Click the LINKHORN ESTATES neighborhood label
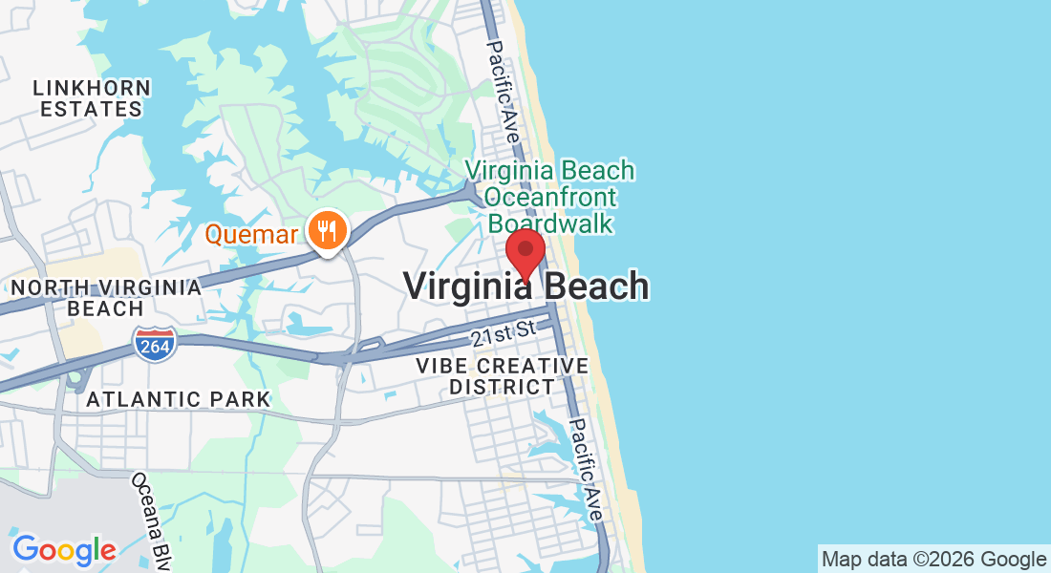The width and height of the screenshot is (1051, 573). (x=92, y=98)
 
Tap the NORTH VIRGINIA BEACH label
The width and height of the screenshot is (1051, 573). (x=106, y=298)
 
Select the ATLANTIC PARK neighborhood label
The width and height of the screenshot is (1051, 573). (x=179, y=399)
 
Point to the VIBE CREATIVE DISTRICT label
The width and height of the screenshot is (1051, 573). (x=503, y=376)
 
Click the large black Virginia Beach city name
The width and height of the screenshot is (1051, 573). (x=525, y=286)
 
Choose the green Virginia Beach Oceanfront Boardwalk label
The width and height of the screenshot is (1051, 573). (x=549, y=197)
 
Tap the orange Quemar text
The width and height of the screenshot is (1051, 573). (x=252, y=234)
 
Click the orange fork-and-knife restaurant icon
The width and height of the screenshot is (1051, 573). (x=327, y=230)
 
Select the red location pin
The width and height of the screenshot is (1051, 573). (x=525, y=252)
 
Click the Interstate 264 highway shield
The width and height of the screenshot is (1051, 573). (x=155, y=344)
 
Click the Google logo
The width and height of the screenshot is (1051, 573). (x=64, y=550)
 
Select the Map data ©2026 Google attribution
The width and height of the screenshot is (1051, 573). (x=933, y=559)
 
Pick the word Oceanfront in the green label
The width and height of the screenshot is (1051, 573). (x=549, y=198)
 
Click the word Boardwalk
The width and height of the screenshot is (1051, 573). (x=549, y=223)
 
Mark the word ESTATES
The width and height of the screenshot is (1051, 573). (x=92, y=109)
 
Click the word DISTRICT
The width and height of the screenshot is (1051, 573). (x=503, y=387)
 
